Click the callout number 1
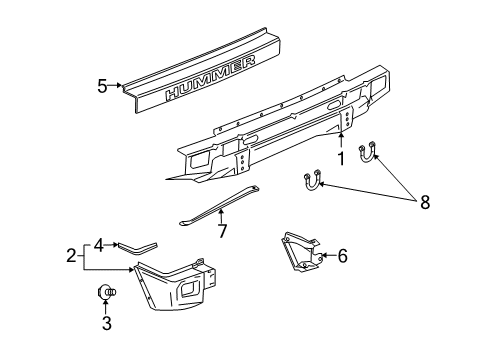click(x=341, y=158)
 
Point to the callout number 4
click(x=100, y=242)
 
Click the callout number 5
click(x=102, y=86)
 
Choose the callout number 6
click(x=342, y=256)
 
